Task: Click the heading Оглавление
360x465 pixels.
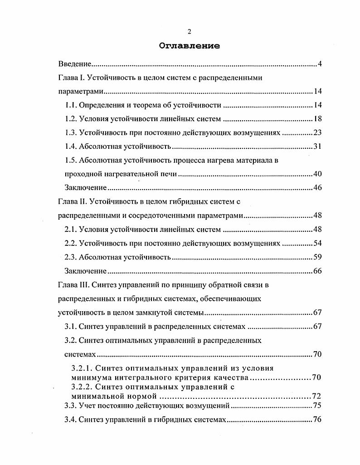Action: click(190, 46)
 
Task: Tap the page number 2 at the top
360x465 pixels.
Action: click(190, 31)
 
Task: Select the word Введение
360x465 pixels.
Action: click(75, 64)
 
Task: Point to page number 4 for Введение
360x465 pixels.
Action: click(319, 64)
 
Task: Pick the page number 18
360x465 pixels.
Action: click(317, 119)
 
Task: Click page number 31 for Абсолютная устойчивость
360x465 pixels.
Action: click(317, 147)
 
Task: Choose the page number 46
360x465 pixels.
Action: click(317, 188)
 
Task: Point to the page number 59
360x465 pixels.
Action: click(317, 257)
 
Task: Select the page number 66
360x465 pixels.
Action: click(317, 271)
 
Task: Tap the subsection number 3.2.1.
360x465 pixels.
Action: click(82, 368)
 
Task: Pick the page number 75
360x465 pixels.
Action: click(317, 406)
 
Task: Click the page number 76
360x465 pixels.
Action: click(317, 420)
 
